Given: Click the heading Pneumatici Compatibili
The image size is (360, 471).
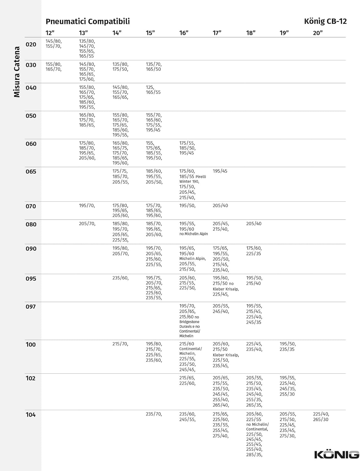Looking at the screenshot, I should [x=88, y=21].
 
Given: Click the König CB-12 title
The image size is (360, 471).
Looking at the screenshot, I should [x=325, y=21].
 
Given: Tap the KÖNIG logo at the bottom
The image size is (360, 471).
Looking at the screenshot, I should [x=336, y=454].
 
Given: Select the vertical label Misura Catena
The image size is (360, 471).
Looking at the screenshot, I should [x=17, y=72].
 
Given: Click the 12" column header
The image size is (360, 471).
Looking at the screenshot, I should [x=50, y=33].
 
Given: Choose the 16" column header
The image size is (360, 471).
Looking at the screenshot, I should [x=184, y=33].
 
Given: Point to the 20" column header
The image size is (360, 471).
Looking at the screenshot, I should [x=318, y=33].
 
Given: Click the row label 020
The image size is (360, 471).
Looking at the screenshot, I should [x=31, y=45].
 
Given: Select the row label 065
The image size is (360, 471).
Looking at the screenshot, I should [x=31, y=172].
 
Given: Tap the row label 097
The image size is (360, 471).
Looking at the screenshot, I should [x=31, y=307].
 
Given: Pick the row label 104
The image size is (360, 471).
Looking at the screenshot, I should [x=31, y=415].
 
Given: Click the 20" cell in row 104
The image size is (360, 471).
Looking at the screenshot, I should [x=321, y=417].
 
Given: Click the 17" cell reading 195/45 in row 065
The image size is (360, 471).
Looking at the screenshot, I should [x=220, y=171].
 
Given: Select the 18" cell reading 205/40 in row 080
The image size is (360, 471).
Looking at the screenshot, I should [x=254, y=224].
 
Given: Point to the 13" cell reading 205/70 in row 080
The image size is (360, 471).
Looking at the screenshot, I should [x=87, y=224].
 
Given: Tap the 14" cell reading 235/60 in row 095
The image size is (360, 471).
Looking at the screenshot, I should [x=121, y=278].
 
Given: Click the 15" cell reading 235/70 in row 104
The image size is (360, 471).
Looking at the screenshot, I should [x=154, y=414].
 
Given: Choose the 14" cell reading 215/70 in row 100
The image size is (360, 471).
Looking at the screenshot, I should [x=120, y=344].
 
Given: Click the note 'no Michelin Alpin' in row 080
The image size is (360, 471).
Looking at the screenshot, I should [x=193, y=234].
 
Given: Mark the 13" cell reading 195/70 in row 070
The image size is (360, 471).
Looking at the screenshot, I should [x=87, y=206].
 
